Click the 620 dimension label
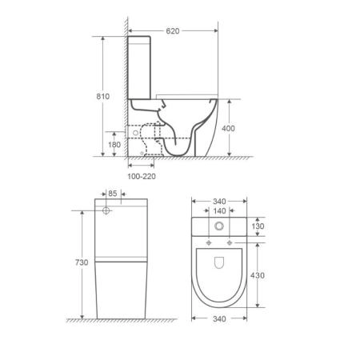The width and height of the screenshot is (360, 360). (173, 31)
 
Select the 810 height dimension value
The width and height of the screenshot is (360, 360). (103, 96)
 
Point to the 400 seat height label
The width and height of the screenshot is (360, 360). (228, 128)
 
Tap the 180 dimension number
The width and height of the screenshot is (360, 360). (114, 145)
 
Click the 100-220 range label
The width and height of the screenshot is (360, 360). (142, 176)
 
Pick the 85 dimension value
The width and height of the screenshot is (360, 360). (113, 194)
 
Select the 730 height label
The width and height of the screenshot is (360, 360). (82, 262)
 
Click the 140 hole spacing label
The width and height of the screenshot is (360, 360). (219, 211)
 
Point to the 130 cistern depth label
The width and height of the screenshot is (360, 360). (258, 226)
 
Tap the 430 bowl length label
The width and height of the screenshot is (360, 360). (258, 275)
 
